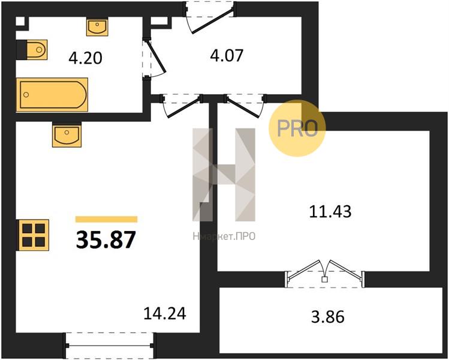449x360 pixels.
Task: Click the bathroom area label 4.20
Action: click(85, 58)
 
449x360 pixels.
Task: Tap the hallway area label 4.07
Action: click(227, 56)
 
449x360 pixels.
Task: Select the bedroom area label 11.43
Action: click(330, 212)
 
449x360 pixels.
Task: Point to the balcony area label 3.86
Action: click(327, 317)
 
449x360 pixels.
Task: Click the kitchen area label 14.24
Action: click(165, 313)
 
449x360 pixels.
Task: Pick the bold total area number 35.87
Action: click(106, 239)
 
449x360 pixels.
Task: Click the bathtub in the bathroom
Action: click(52, 94)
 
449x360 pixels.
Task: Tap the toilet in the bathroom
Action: click(32, 50)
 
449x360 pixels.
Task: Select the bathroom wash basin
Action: click(97, 27)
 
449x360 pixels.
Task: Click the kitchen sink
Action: click(67, 135)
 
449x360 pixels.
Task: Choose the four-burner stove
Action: click(34, 235)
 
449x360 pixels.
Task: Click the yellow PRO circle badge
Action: click(297, 128)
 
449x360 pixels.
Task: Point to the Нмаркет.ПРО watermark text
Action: click(224, 236)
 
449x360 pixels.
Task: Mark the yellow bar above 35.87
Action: click(107, 219)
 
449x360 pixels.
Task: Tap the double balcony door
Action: click(324, 274)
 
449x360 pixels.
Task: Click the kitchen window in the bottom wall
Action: click(110, 346)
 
